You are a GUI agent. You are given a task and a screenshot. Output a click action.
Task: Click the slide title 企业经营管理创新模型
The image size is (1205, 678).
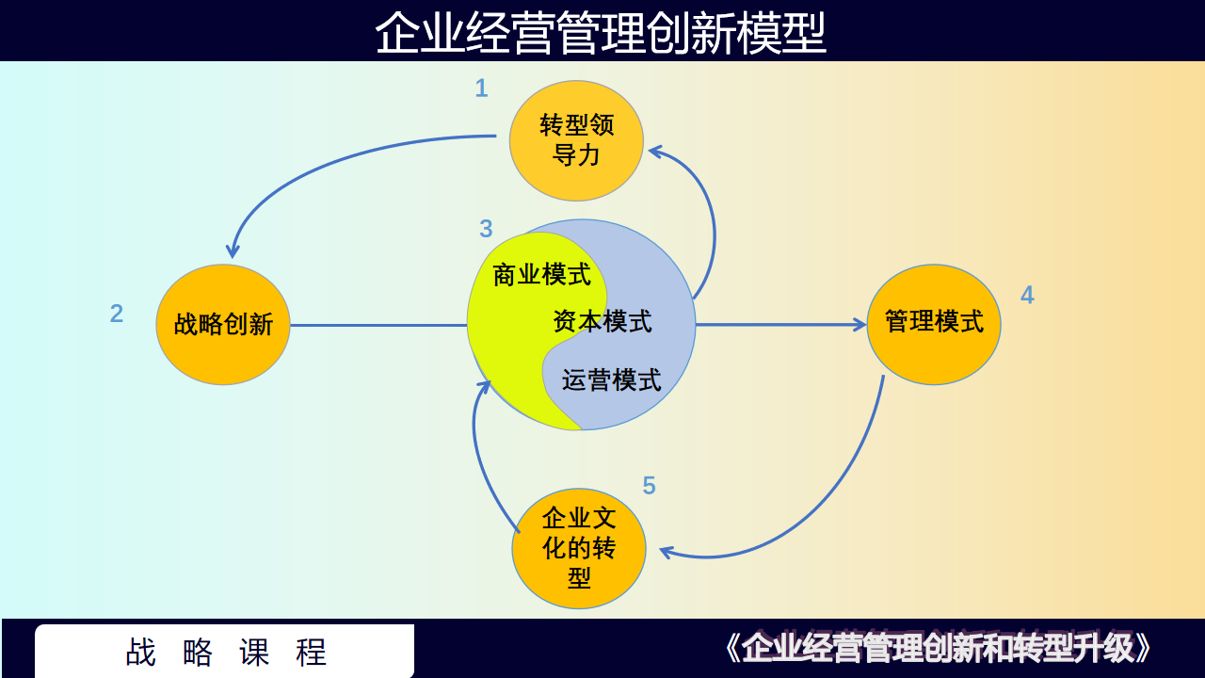click(601, 32)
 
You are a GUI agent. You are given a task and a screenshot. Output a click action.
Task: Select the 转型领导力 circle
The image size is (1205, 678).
click(576, 140)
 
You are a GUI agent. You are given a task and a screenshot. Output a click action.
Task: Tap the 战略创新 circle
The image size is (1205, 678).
click(223, 325)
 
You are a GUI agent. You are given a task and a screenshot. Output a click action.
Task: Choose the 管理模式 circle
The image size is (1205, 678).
click(934, 325)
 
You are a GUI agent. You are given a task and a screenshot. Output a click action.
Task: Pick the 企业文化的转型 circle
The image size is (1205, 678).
click(579, 548)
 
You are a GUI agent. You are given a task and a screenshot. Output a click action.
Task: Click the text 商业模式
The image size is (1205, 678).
click(541, 274)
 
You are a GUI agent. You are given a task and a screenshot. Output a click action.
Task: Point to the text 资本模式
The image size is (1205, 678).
click(602, 321)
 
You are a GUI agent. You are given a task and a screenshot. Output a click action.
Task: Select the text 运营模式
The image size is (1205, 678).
click(612, 379)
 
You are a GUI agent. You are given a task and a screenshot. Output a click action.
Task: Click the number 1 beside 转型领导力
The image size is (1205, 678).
click(481, 89)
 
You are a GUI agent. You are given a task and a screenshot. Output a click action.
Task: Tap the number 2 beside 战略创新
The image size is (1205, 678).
click(117, 314)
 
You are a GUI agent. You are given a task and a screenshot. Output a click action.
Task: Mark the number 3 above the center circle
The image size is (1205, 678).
click(486, 229)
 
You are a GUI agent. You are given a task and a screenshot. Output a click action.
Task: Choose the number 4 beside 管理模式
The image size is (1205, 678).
click(1027, 295)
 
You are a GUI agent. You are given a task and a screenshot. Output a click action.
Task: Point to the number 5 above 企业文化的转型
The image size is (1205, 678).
click(650, 485)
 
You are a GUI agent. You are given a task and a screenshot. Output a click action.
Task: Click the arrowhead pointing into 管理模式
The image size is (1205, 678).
click(860, 325)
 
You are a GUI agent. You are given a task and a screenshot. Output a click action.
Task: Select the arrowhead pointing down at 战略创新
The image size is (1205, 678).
click(233, 250)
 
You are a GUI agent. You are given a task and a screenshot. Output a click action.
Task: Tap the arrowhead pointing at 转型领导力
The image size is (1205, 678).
click(656, 152)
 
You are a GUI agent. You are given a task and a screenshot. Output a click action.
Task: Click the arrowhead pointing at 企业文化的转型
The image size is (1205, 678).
click(666, 552)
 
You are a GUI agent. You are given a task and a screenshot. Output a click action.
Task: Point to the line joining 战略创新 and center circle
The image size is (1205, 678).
click(378, 325)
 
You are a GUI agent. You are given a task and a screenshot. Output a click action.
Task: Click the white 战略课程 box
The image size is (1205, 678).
click(224, 651)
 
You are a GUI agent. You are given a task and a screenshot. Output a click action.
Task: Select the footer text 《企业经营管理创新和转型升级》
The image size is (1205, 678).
click(938, 648)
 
